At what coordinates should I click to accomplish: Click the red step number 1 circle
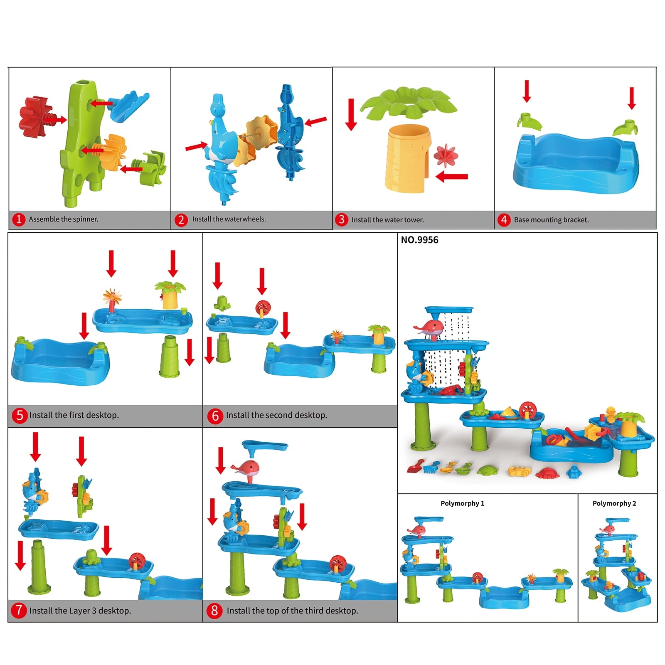18,219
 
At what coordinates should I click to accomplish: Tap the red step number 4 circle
504,219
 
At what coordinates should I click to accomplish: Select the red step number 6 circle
215,415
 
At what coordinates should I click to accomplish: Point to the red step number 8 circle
214,611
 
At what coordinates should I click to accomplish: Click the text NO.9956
419,240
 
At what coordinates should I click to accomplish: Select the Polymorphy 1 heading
462,503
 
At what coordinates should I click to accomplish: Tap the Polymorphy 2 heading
614,503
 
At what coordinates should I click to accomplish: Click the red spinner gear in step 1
34,116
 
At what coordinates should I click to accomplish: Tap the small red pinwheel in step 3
446,156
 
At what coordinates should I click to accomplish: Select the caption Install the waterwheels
229,219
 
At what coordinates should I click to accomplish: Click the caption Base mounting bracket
551,220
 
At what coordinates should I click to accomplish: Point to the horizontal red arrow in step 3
452,177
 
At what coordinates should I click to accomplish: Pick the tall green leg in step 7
38,566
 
